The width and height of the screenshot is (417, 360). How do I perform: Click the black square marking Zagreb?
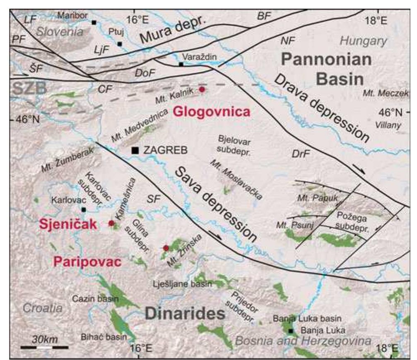[135, 151]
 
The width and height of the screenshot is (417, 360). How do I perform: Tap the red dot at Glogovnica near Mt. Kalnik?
[202, 89]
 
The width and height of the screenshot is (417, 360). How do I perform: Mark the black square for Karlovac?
[84, 210]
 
